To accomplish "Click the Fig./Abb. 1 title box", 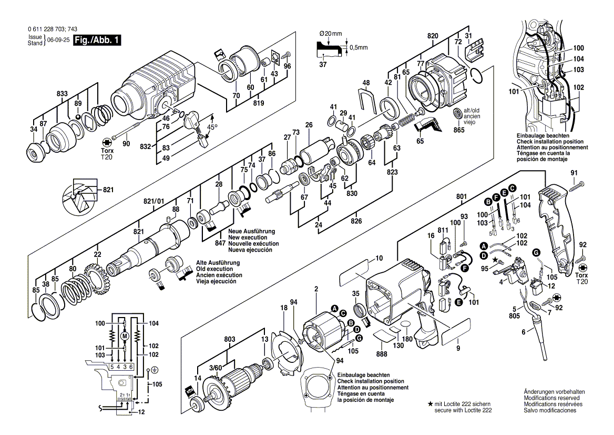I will tap(97, 40).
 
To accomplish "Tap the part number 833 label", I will tap(63, 93).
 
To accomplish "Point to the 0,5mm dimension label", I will tap(360, 47).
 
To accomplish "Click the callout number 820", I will tap(433, 36).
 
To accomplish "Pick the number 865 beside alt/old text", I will tap(460, 129).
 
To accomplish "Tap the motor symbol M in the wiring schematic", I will tap(125, 336).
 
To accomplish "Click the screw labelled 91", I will tap(579, 184).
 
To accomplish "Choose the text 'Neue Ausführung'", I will tap(251, 232).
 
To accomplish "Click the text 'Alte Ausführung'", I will tap(219, 262).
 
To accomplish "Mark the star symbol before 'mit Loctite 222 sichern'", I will tap(430, 403).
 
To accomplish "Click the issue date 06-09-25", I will tap(58, 40).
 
